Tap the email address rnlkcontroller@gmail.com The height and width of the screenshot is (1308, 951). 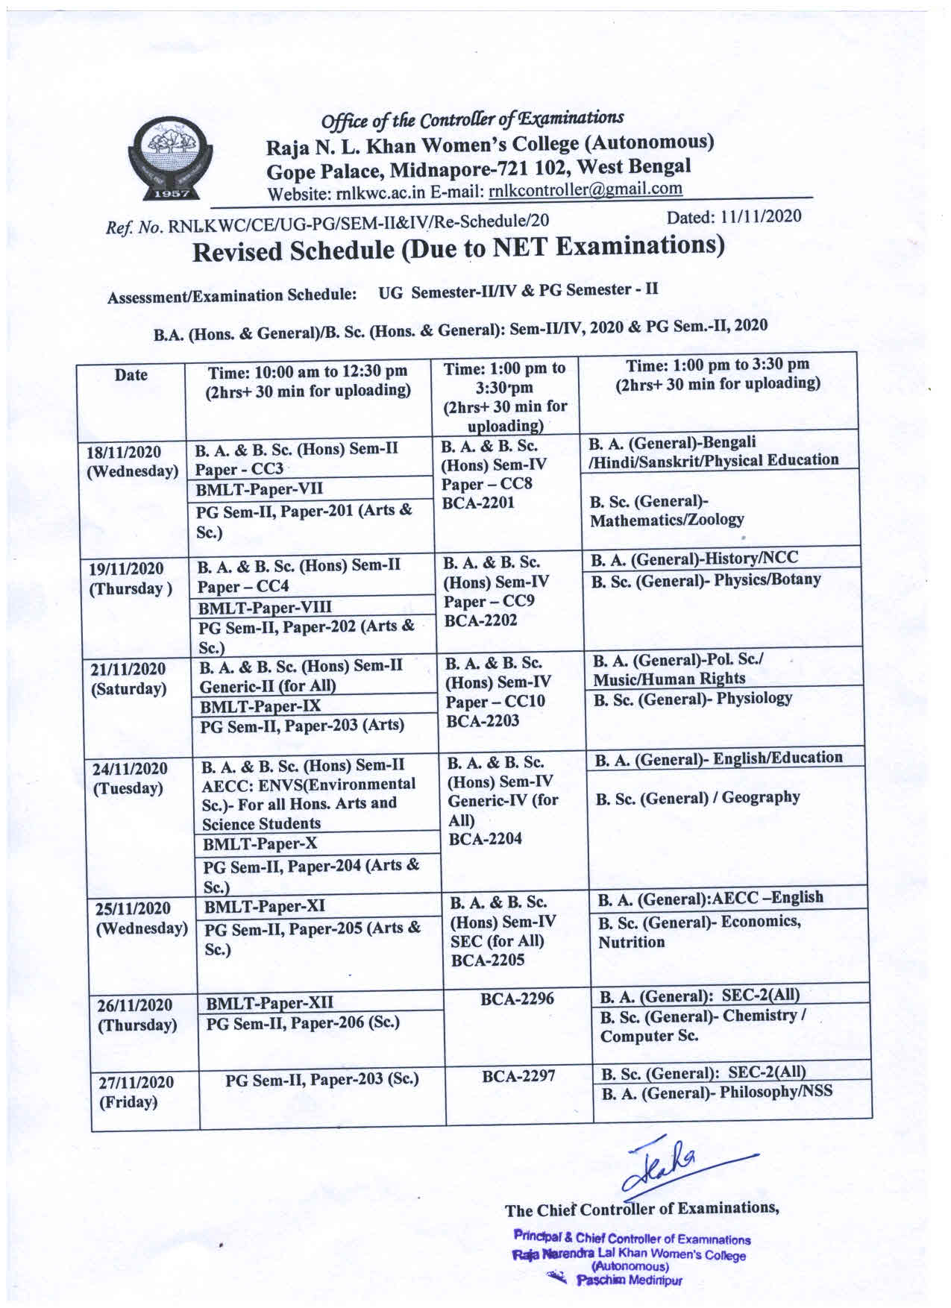[585, 189]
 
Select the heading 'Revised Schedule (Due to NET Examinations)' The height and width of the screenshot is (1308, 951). [459, 248]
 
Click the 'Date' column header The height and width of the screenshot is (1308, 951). [131, 375]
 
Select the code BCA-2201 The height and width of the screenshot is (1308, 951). [478, 503]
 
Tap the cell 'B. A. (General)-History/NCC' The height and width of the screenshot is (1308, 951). [694, 559]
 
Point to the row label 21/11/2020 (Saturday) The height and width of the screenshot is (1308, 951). [128, 679]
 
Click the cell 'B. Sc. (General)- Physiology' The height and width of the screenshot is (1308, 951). [691, 699]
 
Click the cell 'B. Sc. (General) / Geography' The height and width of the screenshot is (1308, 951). [697, 798]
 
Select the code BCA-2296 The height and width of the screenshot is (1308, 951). [517, 999]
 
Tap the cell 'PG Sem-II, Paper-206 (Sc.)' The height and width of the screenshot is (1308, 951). [303, 1022]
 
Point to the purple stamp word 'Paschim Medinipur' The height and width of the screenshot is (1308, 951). [630, 1280]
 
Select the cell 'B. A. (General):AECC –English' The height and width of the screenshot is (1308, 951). [710, 898]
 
